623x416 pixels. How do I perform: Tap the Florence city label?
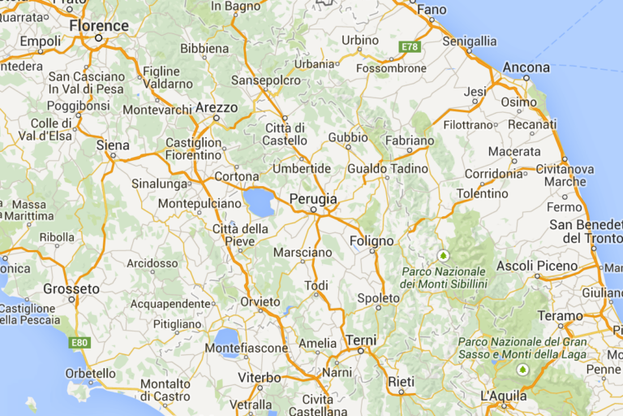[99, 26]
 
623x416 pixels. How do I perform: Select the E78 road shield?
[410, 47]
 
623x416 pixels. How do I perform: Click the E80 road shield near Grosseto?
[79, 342]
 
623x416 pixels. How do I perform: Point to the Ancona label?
[526, 67]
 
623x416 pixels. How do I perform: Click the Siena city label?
[113, 145]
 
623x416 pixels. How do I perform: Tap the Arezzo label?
[217, 107]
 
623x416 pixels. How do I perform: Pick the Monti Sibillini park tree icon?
[443, 255]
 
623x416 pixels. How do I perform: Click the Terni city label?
[361, 340]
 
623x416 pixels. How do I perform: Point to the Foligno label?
[372, 241]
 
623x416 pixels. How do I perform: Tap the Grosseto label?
[71, 288]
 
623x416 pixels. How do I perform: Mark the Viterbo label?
[260, 378]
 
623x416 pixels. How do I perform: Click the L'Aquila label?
[503, 396]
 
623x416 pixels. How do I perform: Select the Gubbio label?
[348, 137]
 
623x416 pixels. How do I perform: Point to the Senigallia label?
[470, 41]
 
